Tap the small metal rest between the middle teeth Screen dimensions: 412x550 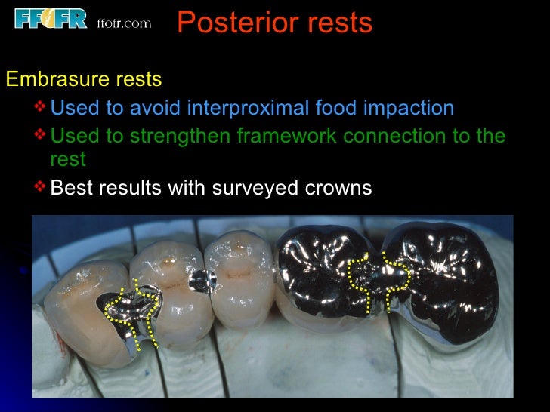pyautogui.click(x=201, y=280)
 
